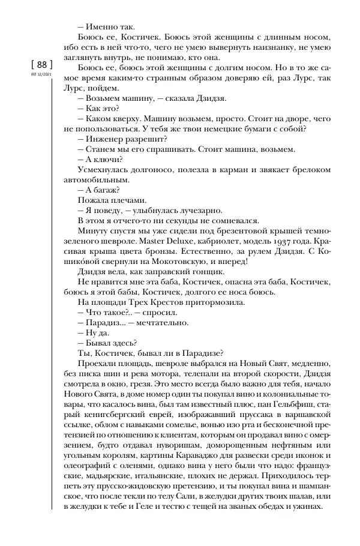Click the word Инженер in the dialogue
[x=105, y=137]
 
